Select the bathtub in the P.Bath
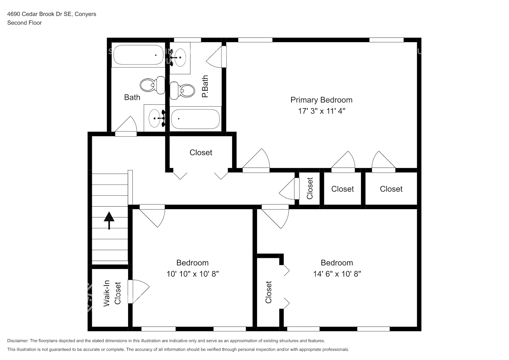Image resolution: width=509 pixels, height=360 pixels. (x=195, y=119)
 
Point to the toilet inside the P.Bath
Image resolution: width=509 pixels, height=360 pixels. (x=182, y=90)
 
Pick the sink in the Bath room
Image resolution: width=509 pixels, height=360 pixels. (x=155, y=118)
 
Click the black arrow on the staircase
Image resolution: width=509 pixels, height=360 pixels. (x=109, y=220)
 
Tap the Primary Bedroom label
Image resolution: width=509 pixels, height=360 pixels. (x=321, y=100)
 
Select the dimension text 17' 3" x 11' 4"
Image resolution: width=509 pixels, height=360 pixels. (x=321, y=111)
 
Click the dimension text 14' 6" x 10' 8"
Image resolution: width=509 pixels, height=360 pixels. (x=337, y=274)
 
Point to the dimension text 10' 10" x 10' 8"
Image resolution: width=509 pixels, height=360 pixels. (x=192, y=274)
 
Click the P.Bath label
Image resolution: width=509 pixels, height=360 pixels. (x=205, y=86)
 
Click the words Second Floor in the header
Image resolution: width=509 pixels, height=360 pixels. (x=24, y=23)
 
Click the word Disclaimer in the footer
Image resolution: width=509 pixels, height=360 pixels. (x=18, y=341)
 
